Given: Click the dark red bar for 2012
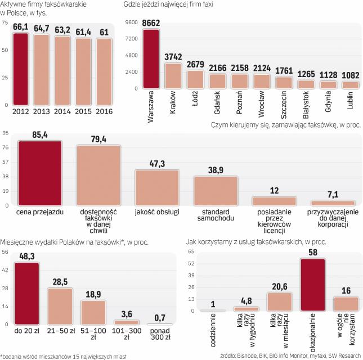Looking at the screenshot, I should pyautogui.click(x=20, y=69).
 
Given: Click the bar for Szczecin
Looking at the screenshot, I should pyautogui.click(x=284, y=83).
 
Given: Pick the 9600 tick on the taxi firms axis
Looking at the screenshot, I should pyautogui.click(x=131, y=22).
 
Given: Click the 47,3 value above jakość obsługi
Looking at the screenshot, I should pyautogui.click(x=157, y=164).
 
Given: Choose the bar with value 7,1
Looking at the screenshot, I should pyautogui.click(x=333, y=203).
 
